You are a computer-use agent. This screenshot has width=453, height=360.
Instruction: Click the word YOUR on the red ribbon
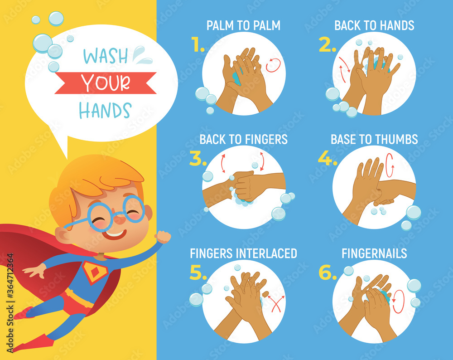(x=106, y=83)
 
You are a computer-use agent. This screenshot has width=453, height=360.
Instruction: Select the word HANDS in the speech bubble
(x=105, y=110)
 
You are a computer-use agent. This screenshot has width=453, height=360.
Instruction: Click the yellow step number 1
(x=198, y=45)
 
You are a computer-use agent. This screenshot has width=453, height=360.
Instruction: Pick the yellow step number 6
(x=328, y=272)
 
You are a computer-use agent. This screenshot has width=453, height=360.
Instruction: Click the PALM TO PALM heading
(x=243, y=25)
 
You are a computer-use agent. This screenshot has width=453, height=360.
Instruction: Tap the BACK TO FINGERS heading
(x=243, y=139)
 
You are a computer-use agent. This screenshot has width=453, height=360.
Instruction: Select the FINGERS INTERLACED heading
(x=243, y=253)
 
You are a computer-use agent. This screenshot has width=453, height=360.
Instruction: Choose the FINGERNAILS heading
(x=374, y=253)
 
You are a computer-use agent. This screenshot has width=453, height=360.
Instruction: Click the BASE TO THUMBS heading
(x=374, y=139)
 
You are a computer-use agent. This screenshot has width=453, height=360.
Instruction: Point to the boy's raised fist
(x=163, y=237)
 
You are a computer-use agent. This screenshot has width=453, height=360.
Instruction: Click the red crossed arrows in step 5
(x=275, y=303)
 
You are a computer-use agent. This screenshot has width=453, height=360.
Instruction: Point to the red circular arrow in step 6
(x=398, y=302)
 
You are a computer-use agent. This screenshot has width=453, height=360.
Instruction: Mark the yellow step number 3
(x=198, y=158)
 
